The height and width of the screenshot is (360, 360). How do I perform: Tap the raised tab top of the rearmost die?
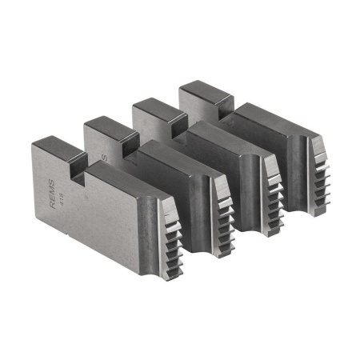tap(200, 90)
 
